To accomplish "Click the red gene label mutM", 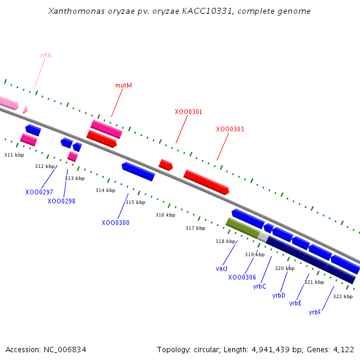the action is point(124,85).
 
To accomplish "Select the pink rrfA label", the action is point(46,55).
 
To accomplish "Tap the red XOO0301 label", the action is point(188,112).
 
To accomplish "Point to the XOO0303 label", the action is point(230,129).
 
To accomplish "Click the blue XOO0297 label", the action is point(39,192).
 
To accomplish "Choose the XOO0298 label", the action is point(61,201).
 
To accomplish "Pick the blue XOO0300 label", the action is point(115,223).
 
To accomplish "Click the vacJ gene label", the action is point(221,268).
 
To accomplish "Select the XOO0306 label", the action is point(242,277).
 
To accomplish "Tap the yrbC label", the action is point(259,286).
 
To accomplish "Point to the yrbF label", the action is point(315,312).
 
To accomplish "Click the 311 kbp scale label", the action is point(14,155).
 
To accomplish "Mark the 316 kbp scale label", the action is point(165,215).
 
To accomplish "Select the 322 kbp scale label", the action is point(343,296).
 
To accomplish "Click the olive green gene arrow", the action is point(243,228).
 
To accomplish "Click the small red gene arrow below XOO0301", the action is point(166,164).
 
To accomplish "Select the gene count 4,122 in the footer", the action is point(342,349).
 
